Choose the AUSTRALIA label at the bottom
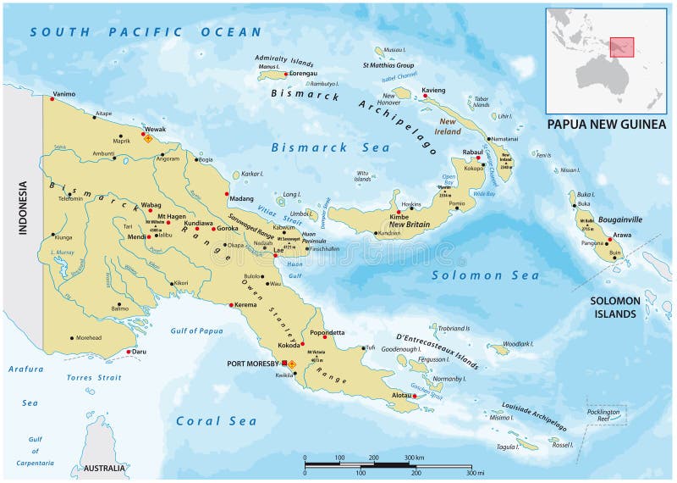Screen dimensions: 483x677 (x=104, y=469)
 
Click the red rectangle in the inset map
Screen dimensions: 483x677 (x=622, y=47)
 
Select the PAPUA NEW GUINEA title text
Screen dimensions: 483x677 (x=607, y=124)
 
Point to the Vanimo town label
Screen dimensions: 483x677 (x=64, y=94)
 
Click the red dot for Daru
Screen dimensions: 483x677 (x=129, y=352)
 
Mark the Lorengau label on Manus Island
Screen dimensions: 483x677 (x=303, y=74)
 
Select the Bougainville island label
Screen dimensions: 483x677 (x=621, y=219)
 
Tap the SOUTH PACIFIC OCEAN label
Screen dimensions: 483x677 (x=145, y=32)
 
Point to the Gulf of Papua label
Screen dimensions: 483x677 (x=195, y=330)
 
